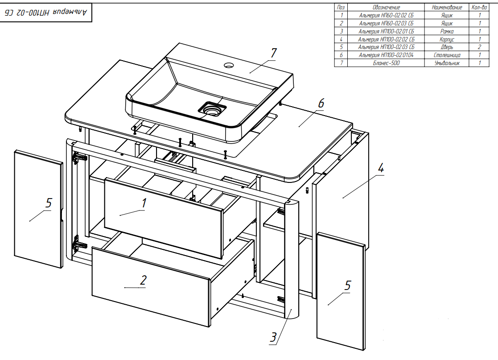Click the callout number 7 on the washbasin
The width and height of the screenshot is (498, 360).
[x=273, y=53]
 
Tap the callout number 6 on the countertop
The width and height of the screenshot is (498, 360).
[x=321, y=103]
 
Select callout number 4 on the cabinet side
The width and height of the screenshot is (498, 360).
[x=380, y=169]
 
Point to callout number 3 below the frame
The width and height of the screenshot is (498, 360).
[x=273, y=337]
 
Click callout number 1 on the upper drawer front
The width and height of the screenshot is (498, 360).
[x=144, y=203]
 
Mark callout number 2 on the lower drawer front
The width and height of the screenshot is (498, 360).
[x=143, y=280]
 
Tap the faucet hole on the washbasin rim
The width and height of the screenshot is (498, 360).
[x=229, y=65]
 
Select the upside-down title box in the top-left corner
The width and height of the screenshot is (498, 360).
[x=48, y=13]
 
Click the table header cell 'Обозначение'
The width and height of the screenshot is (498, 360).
[x=386, y=8]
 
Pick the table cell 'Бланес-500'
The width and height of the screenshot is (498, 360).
[x=386, y=63]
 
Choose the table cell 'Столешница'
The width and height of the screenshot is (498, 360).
[x=447, y=55]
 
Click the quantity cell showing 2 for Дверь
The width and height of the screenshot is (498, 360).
[x=479, y=47]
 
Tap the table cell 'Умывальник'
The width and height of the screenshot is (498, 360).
[x=447, y=63]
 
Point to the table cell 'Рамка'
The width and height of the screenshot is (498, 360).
[x=447, y=31]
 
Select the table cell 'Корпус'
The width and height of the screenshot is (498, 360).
[x=447, y=39]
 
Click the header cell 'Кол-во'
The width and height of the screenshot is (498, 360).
[x=479, y=8]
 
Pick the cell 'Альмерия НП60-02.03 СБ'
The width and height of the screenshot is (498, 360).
[x=386, y=23]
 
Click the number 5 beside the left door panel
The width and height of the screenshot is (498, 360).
[x=48, y=203]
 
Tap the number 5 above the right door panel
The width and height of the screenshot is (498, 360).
[x=348, y=286]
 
